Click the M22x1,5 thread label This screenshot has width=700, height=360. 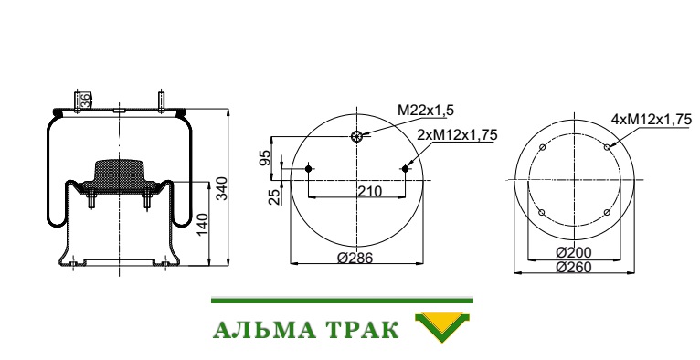coord(426,110)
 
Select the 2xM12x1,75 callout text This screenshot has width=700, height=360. coord(457,134)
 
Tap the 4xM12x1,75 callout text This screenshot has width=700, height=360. coord(652,119)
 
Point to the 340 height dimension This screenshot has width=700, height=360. coord(222,188)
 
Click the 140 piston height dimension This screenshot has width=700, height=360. coord(202,225)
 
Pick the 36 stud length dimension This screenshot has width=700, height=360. coord(85,100)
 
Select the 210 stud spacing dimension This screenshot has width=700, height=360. coord(369,191)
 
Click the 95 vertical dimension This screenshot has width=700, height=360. coord(265,158)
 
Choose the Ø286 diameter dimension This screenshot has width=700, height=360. coord(355,258)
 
